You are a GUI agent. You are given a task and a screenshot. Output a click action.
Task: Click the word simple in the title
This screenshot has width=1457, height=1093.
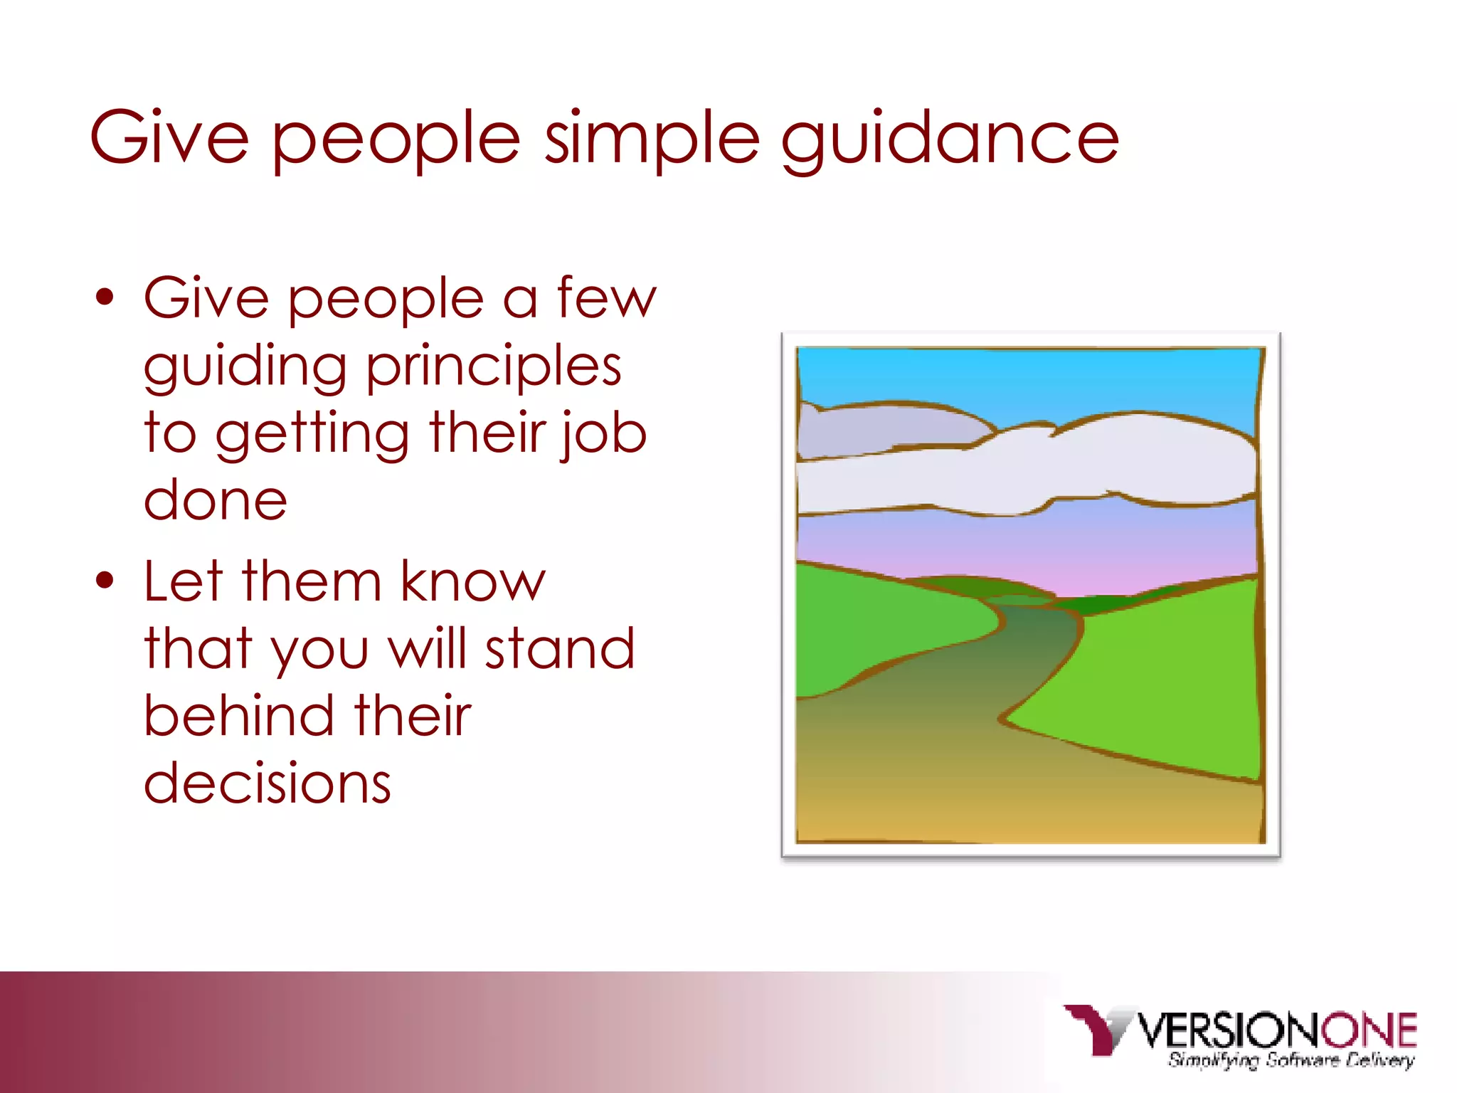point(652,139)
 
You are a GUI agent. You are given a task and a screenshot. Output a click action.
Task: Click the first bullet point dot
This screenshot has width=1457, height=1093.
point(105,297)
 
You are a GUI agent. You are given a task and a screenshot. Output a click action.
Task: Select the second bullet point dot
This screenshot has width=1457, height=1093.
point(105,581)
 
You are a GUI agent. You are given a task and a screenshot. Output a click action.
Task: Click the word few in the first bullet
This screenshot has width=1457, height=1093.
point(606,297)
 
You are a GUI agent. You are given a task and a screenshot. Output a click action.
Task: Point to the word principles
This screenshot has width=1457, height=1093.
point(494,367)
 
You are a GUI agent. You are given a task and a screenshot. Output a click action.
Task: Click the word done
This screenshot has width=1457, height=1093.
point(216,500)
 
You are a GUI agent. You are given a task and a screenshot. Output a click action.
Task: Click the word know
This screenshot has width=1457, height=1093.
point(472,581)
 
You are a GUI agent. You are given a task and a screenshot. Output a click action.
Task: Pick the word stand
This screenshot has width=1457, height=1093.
point(559,648)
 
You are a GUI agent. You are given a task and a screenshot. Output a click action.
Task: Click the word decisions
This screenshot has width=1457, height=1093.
point(267,783)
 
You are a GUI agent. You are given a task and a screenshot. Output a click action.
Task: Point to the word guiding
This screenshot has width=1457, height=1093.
point(245,367)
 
